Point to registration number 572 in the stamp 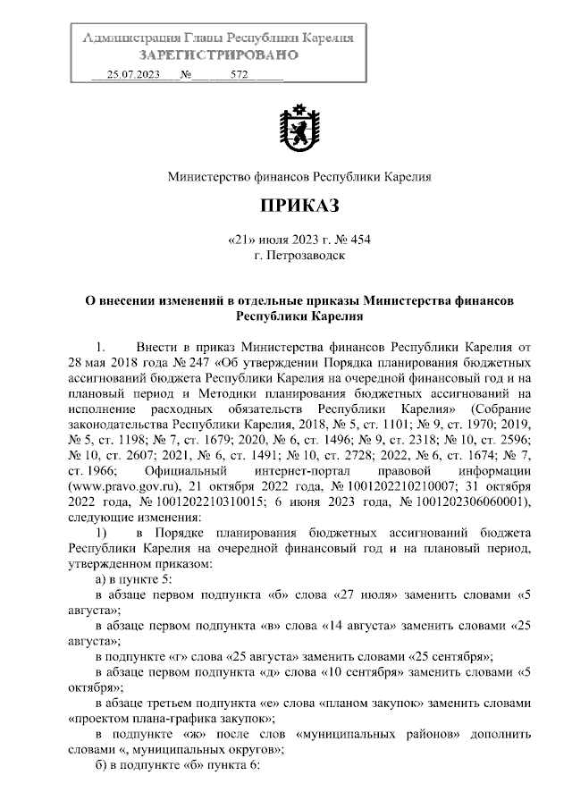click(239, 75)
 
